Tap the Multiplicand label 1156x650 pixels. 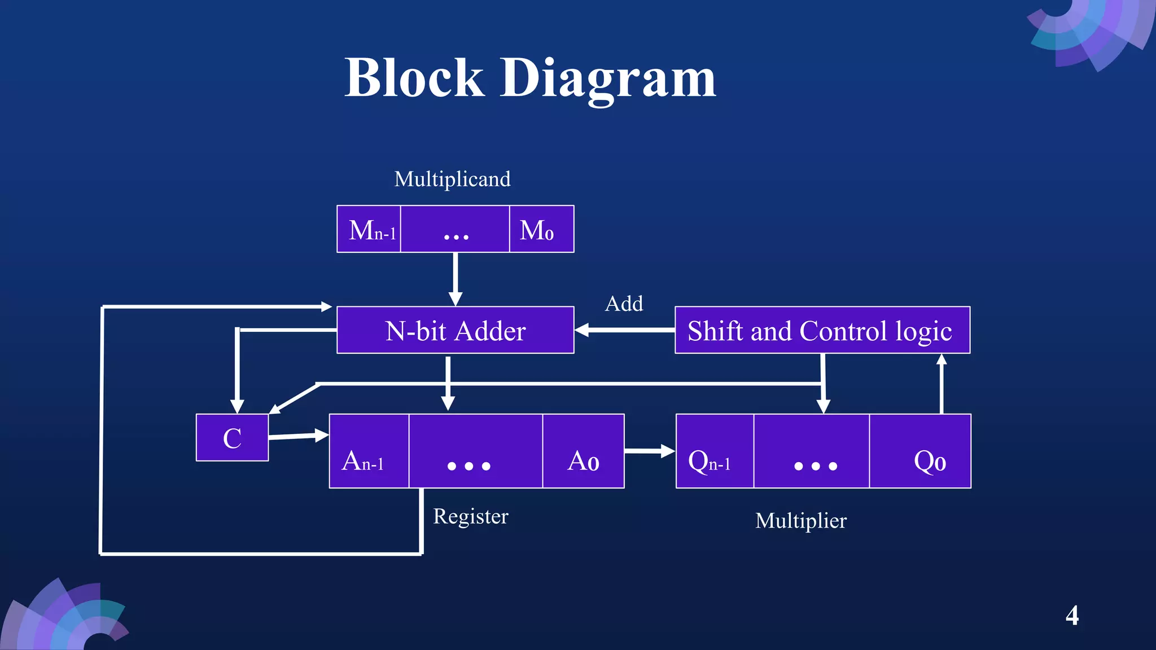pos(452,179)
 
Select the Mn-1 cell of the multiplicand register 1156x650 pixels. pos(369,229)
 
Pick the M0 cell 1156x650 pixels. pos(541,229)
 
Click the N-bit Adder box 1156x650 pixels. pos(455,330)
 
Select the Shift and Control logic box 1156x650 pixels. pos(822,330)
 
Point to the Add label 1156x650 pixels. pos(624,304)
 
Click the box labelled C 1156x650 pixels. pos(232,438)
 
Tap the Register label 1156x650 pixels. pos(471,516)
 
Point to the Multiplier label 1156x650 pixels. pos(800,520)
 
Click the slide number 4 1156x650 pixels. pos(1072,615)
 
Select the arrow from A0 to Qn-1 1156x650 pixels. pos(649,451)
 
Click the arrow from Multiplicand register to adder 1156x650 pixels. pos(455,279)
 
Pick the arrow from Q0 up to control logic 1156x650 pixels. pos(941,384)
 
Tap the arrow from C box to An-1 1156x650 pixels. pos(298,436)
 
